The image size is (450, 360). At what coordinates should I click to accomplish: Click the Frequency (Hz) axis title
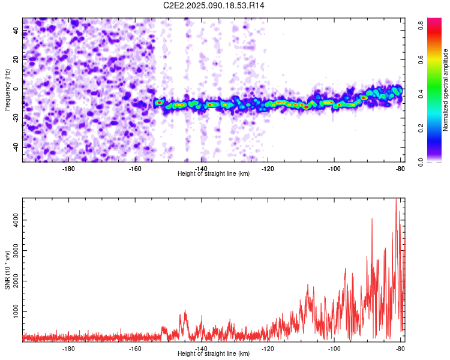point(7,89)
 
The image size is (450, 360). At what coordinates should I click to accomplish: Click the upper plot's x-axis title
point(214,173)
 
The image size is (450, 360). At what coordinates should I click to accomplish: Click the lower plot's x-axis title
point(214,353)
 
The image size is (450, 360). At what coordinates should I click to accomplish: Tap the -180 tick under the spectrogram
point(68,168)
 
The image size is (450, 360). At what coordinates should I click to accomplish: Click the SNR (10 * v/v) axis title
point(7,269)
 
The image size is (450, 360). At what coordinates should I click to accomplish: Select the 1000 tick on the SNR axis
point(13,312)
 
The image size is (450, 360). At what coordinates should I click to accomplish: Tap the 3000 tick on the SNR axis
point(13,251)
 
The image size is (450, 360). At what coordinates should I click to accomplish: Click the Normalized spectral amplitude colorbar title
point(446,90)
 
